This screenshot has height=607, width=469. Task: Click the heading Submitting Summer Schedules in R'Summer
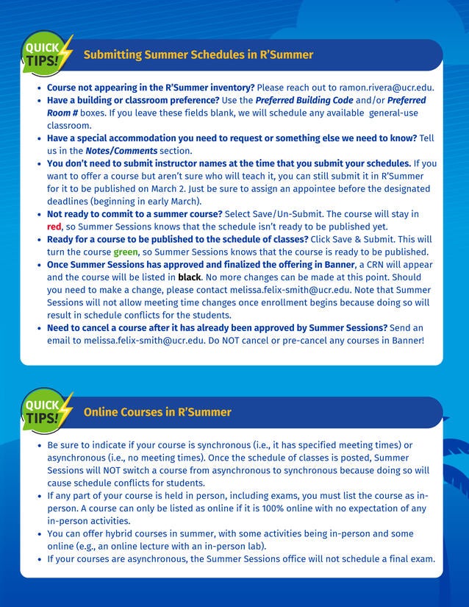click(198, 54)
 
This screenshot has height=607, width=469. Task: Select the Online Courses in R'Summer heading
click(157, 412)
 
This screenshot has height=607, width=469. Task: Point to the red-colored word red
click(54, 227)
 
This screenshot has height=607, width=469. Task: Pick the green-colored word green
click(126, 252)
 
